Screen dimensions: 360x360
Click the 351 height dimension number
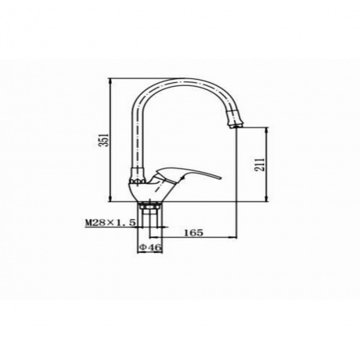pyautogui.click(x=104, y=140)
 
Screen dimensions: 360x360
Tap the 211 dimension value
pyautogui.click(x=260, y=164)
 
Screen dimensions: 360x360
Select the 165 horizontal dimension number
pyautogui.click(x=193, y=232)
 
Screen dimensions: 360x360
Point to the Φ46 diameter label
pyautogui.click(x=150, y=247)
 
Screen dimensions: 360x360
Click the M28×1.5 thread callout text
pyautogui.click(x=110, y=223)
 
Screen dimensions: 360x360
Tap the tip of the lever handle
pyautogui.click(x=221, y=178)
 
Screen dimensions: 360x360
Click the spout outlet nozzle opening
pyautogui.click(x=236, y=126)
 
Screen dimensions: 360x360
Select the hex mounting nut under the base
pyautogui.click(x=150, y=206)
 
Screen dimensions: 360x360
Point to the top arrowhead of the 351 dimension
pyautogui.click(x=111, y=81)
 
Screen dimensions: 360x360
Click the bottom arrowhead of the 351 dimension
pyautogui.click(x=111, y=199)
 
